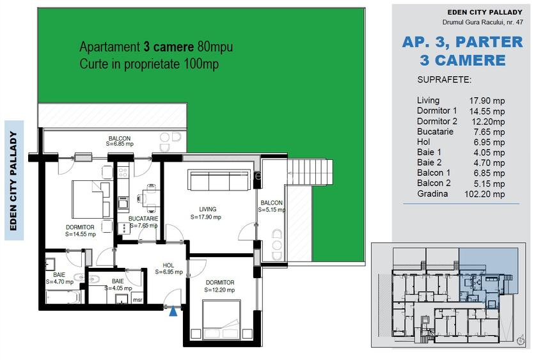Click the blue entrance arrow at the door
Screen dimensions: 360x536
click(173, 311)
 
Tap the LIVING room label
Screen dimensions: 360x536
click(207, 209)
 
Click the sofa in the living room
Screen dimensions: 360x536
click(219, 180)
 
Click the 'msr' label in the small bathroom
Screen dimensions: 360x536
click(137, 299)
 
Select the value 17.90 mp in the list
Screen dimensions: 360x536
click(487, 101)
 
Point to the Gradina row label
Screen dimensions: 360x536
click(432, 194)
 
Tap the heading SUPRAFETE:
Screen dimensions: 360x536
click(444, 81)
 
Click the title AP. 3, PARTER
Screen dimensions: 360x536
click(462, 42)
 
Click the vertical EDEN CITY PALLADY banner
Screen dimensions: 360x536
click(14, 180)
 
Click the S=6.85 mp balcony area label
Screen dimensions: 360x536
click(120, 145)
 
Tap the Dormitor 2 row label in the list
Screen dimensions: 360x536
click(437, 121)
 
